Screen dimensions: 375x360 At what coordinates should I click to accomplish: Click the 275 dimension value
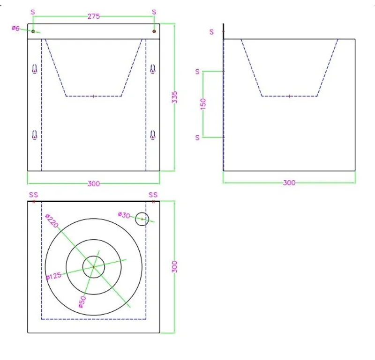click(x=93, y=16)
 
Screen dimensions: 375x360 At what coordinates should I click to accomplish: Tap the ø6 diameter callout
click(x=15, y=28)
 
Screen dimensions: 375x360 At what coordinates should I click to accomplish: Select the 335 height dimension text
click(x=174, y=97)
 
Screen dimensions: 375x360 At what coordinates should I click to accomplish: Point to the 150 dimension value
click(x=203, y=104)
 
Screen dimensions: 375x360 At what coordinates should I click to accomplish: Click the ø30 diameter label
click(x=124, y=215)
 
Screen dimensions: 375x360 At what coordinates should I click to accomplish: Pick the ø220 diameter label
click(x=52, y=221)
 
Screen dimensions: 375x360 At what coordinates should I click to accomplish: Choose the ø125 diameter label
click(x=53, y=276)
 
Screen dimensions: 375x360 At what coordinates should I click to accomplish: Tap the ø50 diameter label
click(x=82, y=301)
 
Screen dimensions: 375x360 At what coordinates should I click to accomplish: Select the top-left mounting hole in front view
click(x=33, y=31)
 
